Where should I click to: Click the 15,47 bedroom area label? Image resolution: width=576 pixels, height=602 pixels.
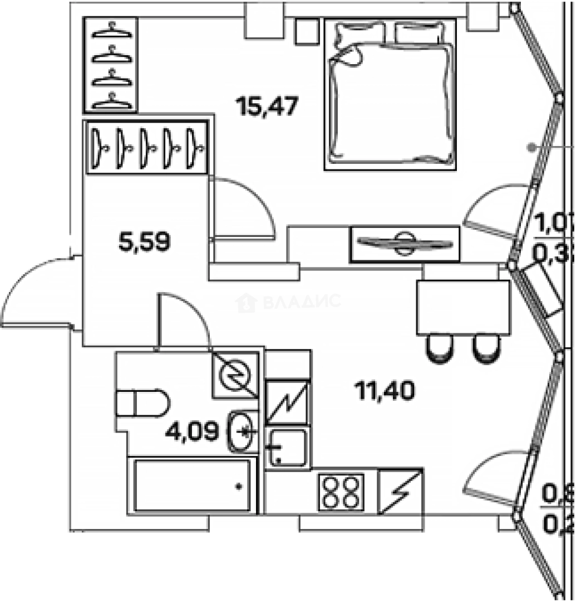[x=267, y=105]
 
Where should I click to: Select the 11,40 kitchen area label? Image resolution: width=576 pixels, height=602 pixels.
[x=385, y=391]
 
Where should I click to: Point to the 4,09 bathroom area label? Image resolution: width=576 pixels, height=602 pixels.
[x=191, y=431]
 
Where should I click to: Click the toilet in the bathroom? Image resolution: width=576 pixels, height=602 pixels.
[x=142, y=403]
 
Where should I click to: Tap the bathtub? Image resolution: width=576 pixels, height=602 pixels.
[x=192, y=486]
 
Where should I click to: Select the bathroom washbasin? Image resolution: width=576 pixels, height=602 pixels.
[x=243, y=431]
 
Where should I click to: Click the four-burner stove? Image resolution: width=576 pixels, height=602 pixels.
[x=341, y=491]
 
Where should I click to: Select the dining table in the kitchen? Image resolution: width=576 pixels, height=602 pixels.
[x=463, y=307]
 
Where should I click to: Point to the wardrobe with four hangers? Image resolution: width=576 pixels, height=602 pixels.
[x=111, y=64]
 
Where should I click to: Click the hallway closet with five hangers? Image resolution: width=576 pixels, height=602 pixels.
[x=147, y=147]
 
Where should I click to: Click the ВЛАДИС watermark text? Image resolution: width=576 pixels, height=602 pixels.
[x=301, y=302]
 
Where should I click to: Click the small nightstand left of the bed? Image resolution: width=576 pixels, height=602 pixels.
[x=306, y=32]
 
